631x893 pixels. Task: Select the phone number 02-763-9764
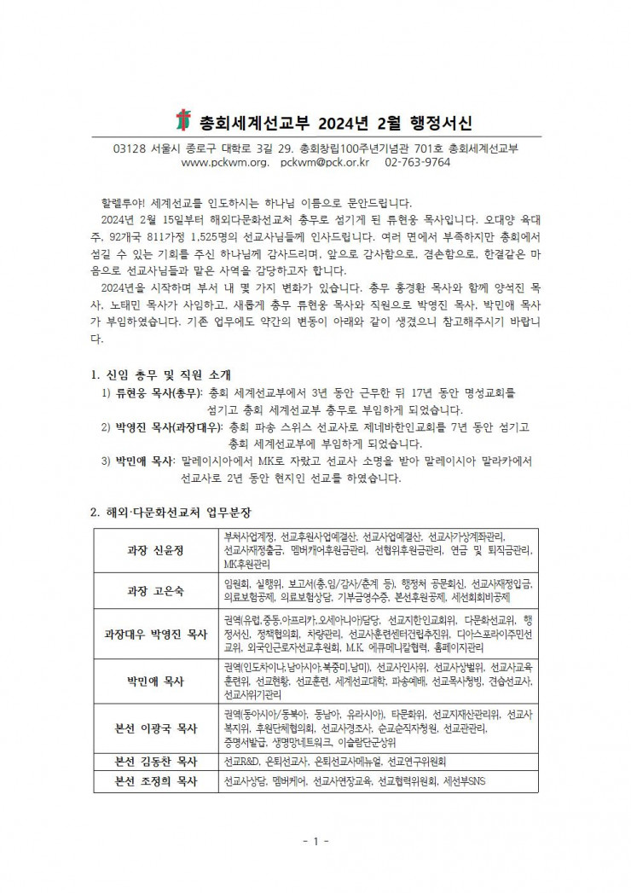pyautogui.click(x=418, y=162)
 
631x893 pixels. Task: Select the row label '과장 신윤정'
pyautogui.click(x=154, y=550)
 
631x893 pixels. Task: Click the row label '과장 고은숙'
pyautogui.click(x=154, y=590)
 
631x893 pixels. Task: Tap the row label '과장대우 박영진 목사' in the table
pyautogui.click(x=154, y=634)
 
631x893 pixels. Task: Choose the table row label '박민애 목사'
pyautogui.click(x=154, y=681)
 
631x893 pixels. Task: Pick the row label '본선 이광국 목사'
pyautogui.click(x=154, y=728)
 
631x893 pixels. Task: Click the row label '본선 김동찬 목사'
pyautogui.click(x=154, y=761)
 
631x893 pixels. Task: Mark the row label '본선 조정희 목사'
pyautogui.click(x=154, y=780)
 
